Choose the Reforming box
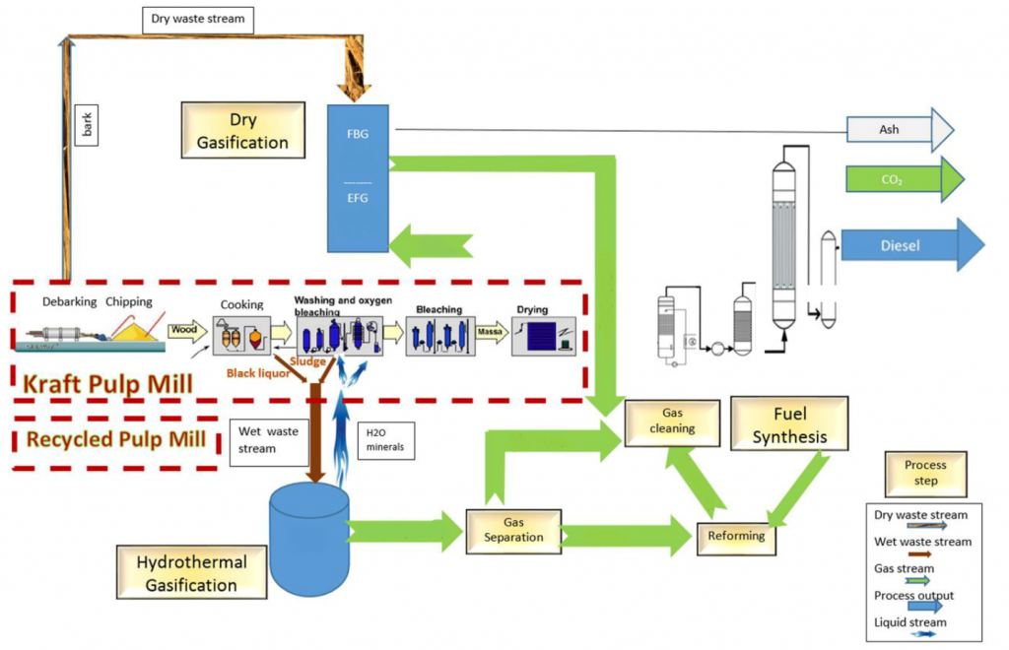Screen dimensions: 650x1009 coord(737,537)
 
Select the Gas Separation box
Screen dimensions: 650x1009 coord(513,530)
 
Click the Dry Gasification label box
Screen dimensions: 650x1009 coord(242,131)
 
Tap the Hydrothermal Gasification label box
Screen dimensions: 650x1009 coord(191,573)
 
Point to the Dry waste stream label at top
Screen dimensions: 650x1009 coord(198,19)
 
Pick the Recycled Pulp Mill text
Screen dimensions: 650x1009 coord(117,439)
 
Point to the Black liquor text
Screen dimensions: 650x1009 coord(257,373)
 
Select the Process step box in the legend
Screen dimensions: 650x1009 coord(925,473)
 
